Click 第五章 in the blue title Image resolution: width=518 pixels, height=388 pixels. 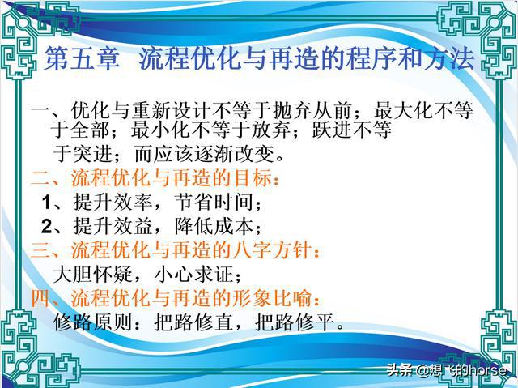point(82,58)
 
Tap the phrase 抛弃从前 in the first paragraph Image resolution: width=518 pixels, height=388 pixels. point(312,110)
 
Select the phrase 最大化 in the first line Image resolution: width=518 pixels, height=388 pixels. point(404,110)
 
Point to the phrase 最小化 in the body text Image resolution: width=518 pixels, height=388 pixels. point(161,130)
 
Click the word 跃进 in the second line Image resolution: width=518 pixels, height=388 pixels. point(333,130)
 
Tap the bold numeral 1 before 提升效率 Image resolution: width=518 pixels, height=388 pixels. point(47,203)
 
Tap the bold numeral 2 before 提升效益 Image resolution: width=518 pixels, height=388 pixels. point(47,226)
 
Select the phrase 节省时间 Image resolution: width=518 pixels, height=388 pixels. point(214,202)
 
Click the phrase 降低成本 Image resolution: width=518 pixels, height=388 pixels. point(214,226)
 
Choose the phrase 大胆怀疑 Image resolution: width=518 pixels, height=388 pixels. point(93,275)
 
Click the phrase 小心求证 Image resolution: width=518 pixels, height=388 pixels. point(194,275)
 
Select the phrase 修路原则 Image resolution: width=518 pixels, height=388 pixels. point(93,322)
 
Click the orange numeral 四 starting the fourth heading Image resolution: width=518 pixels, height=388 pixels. point(41,298)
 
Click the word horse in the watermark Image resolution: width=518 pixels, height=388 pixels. point(488,370)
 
